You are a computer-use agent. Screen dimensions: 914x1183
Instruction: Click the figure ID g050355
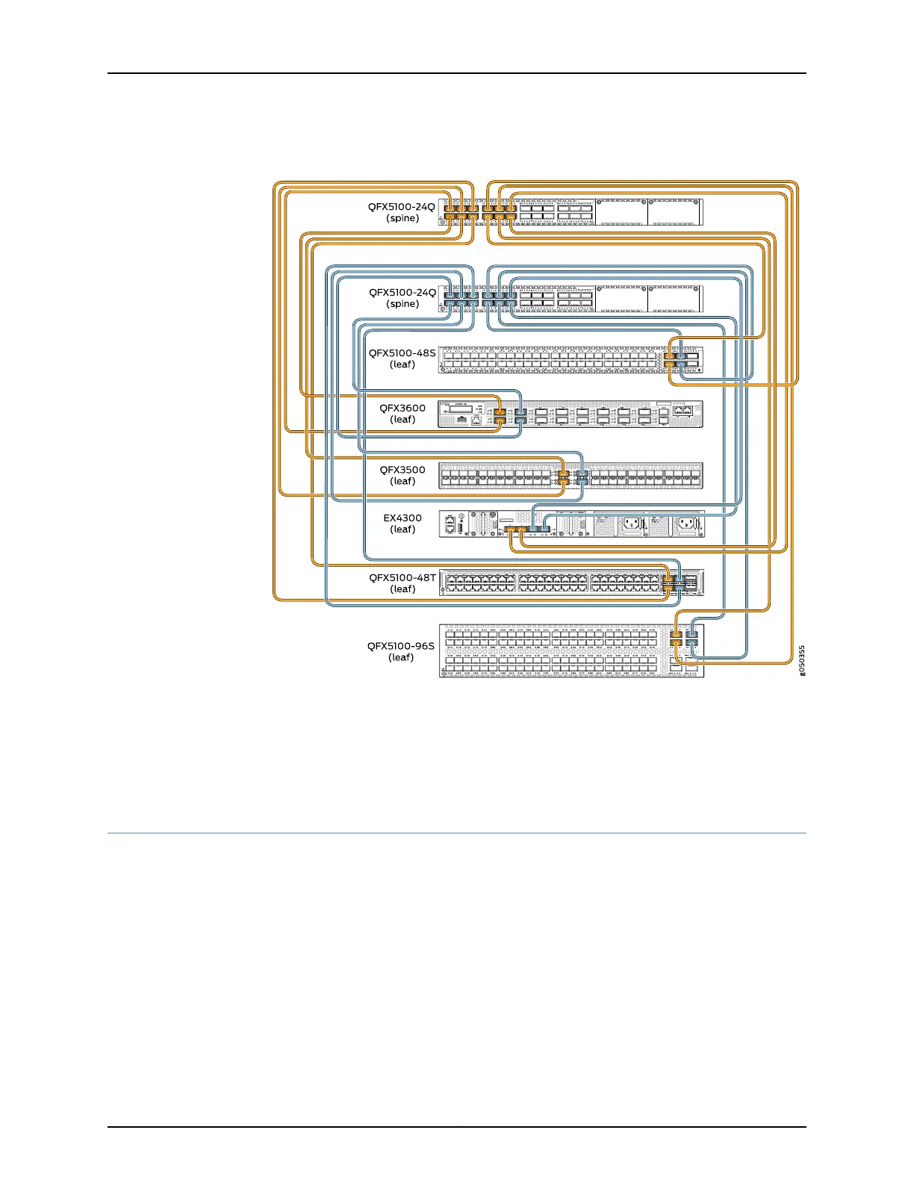tap(802, 661)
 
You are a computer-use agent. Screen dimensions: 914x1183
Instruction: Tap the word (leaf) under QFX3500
tap(402, 481)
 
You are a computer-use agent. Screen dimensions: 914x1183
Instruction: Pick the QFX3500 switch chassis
tap(642, 476)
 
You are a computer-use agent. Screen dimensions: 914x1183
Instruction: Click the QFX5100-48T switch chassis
tap(553, 583)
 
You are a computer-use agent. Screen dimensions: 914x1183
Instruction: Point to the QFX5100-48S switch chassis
tap(553, 359)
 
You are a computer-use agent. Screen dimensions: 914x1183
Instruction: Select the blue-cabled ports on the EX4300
tap(539, 530)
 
